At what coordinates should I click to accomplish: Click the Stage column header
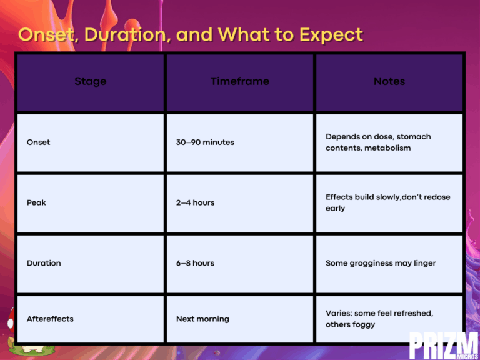click(x=90, y=81)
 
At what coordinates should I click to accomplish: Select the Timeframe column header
click(x=240, y=81)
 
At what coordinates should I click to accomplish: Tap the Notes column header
click(x=389, y=81)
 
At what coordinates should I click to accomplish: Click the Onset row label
click(x=39, y=142)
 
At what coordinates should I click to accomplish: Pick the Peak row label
click(x=36, y=202)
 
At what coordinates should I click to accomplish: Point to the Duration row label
click(x=44, y=263)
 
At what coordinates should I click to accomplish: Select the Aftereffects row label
click(x=50, y=319)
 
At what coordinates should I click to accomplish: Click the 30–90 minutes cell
click(x=205, y=142)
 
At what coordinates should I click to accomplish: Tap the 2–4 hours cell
click(x=195, y=202)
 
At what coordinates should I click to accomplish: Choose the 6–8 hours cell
click(x=195, y=263)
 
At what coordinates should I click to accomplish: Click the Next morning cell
click(x=202, y=319)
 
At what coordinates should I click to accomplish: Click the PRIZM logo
click(x=444, y=345)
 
